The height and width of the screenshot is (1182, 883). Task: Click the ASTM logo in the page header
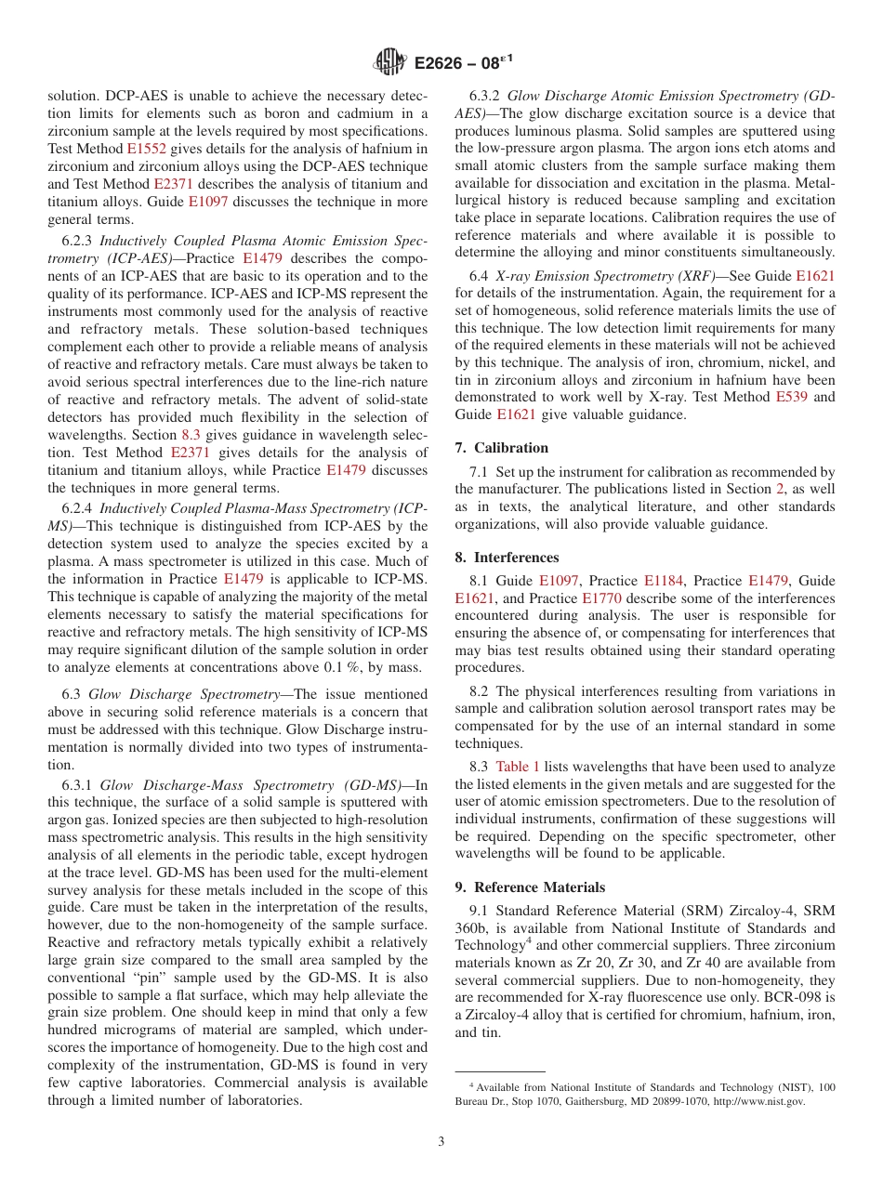point(389,62)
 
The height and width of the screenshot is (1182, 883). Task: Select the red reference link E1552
point(146,149)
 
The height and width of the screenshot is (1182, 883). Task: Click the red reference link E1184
point(664,581)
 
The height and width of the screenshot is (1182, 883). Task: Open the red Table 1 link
point(517,767)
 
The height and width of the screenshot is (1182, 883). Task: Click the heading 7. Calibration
point(501,448)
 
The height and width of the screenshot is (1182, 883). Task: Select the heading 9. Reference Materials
point(530,887)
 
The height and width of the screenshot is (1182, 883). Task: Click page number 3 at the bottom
point(441,1141)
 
